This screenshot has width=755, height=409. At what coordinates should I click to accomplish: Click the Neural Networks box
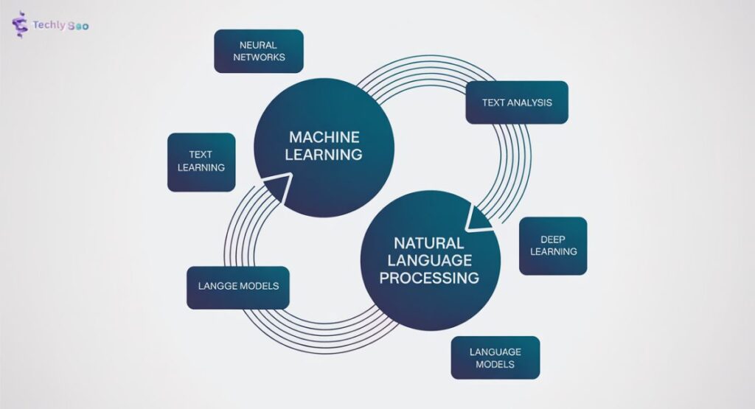[258, 51]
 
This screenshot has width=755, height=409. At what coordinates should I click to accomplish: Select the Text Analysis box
[516, 102]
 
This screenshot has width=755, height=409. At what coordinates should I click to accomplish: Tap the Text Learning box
[201, 161]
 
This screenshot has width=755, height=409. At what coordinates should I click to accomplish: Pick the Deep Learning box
[552, 245]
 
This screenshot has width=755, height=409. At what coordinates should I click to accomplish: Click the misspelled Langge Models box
[237, 287]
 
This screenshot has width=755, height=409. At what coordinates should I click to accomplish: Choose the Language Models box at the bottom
[495, 357]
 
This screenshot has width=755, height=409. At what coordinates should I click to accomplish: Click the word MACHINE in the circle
[324, 137]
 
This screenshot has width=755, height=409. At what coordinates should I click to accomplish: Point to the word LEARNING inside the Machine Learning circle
[324, 155]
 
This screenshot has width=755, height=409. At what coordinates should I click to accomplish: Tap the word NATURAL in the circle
[428, 242]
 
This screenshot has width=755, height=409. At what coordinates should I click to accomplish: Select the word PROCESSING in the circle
[436, 278]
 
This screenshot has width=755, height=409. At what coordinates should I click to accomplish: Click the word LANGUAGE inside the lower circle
[430, 260]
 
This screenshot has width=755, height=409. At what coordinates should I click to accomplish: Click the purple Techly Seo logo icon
[20, 25]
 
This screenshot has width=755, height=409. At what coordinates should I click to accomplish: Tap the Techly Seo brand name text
[60, 25]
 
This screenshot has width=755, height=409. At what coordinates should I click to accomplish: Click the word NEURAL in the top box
[258, 45]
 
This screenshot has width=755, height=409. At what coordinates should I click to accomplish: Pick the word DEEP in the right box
[552, 240]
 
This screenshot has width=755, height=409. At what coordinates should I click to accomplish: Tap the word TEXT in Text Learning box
[201, 155]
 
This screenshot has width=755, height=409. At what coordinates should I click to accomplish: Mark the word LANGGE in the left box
[215, 287]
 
